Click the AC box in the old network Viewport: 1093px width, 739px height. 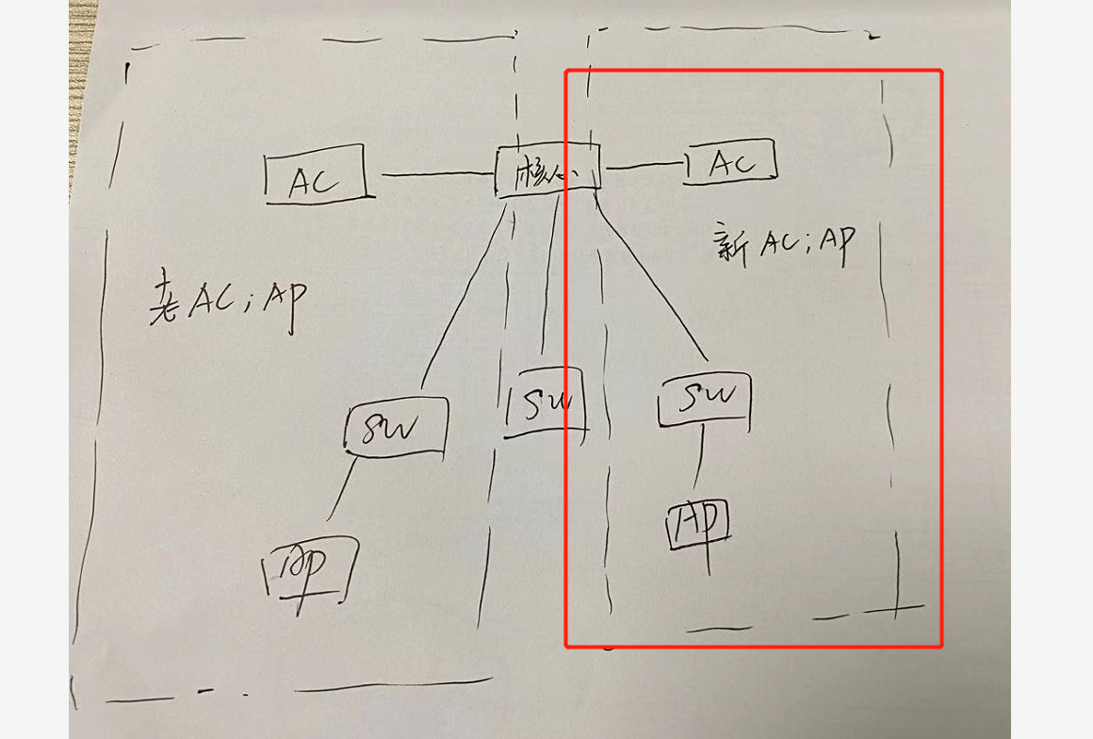point(315,175)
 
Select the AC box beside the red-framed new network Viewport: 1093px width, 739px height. point(731,162)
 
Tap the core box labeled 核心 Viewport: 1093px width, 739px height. point(547,171)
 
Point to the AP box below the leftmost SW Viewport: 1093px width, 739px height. point(310,567)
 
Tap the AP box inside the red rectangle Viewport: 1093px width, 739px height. point(698,524)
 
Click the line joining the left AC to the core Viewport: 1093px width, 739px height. point(437,174)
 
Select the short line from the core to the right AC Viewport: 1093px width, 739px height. point(644,166)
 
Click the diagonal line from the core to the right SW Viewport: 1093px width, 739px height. point(655,278)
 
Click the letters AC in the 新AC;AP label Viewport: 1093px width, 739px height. point(778,243)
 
